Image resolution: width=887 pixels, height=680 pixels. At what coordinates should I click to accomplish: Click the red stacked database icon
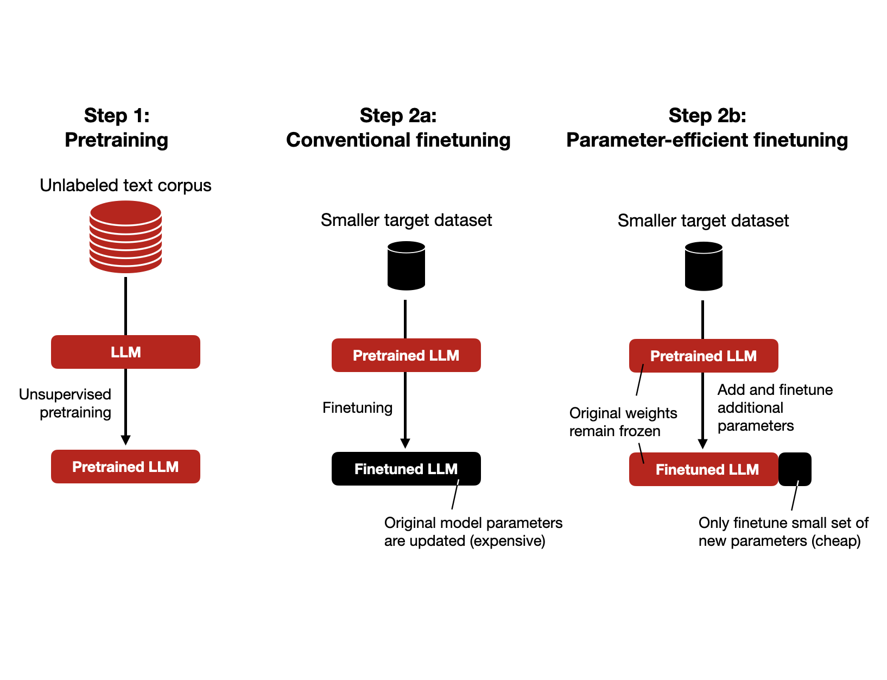125,237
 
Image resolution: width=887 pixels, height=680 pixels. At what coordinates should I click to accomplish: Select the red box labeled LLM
125,352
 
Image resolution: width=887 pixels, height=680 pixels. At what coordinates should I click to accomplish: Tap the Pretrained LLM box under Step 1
125,467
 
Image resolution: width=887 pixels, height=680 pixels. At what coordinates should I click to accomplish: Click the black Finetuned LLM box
406,469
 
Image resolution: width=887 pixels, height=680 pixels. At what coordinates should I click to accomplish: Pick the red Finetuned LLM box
704,469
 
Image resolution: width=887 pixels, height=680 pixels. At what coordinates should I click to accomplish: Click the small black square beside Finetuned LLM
795,469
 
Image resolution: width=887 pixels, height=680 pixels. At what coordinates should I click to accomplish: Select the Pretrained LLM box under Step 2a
406,355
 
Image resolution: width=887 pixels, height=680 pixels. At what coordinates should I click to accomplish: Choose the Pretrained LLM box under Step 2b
704,356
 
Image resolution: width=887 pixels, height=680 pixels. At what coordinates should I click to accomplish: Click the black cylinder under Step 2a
406,266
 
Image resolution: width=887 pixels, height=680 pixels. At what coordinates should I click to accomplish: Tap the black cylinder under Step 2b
704,266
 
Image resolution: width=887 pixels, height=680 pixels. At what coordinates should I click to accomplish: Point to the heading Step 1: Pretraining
116,128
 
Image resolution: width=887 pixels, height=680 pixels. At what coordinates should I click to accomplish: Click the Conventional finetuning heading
398,140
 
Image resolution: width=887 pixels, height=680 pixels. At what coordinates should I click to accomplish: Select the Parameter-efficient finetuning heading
707,140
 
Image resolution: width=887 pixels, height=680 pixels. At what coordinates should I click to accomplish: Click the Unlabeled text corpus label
125,185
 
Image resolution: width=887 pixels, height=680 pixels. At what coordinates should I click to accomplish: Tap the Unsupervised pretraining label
65,403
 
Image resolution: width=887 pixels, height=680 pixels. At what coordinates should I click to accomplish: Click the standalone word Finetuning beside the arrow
357,407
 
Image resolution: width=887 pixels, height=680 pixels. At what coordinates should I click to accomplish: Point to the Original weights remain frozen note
623,422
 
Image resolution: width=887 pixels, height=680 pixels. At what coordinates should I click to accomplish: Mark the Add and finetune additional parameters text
775,407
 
